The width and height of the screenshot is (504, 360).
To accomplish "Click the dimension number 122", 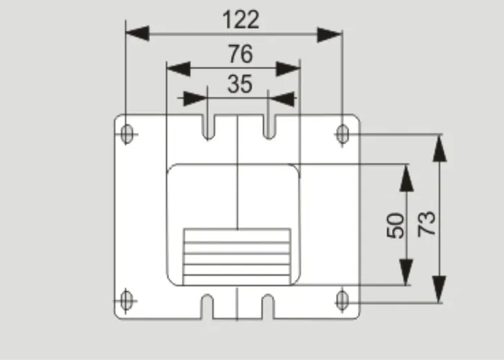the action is point(241,19).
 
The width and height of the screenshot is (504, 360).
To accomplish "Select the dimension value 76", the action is point(240,54).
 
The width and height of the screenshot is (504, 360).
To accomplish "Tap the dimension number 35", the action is point(240,84).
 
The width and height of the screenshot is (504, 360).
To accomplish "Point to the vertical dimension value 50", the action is point(396,225).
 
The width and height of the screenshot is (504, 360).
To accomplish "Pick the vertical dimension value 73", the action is point(426,224).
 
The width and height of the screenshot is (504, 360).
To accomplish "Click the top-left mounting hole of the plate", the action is point(127,134).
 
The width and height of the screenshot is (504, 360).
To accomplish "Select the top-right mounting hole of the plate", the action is point(342,134).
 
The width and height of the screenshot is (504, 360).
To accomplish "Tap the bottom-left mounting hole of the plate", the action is point(126,301).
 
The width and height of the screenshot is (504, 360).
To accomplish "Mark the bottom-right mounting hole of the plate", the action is point(342,301).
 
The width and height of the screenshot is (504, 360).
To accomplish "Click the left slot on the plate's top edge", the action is point(209,127).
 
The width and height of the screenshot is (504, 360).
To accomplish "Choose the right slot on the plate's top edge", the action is point(269,126).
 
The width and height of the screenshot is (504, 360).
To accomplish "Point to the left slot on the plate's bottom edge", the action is point(207,307).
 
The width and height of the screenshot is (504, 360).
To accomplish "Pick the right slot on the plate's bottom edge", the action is point(268,307).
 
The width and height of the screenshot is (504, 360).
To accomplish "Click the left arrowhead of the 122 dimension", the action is point(137,33).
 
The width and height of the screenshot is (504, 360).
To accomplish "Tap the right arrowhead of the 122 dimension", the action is point(329,35).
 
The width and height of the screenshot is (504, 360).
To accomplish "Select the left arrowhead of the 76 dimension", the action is point(178,68).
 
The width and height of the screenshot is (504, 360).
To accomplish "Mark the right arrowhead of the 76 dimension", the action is point(289,69).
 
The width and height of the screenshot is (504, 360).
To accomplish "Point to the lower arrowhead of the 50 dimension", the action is point(406,272).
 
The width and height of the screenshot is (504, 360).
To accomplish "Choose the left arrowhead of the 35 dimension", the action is point(195,99).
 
